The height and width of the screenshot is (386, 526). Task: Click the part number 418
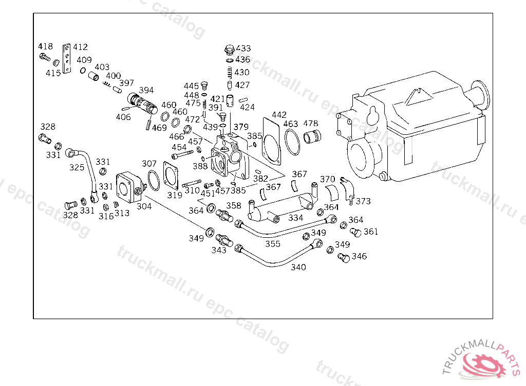45,46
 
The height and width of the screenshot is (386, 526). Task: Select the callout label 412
81,47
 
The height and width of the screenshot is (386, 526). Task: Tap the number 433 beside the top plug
243,48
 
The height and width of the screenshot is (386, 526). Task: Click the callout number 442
279,115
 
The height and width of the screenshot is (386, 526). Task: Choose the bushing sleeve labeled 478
312,136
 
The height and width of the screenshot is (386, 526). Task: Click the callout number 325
77,167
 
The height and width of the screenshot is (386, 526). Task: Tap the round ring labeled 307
154,180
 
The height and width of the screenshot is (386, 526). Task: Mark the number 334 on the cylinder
295,218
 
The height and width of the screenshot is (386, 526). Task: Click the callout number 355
273,244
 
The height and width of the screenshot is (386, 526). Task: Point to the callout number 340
298,267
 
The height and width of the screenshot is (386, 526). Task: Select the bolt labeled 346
344,258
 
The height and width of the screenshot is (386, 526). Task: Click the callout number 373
363,201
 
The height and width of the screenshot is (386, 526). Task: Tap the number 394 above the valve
146,91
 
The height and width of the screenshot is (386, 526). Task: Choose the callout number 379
241,127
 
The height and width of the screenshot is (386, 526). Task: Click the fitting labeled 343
224,240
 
